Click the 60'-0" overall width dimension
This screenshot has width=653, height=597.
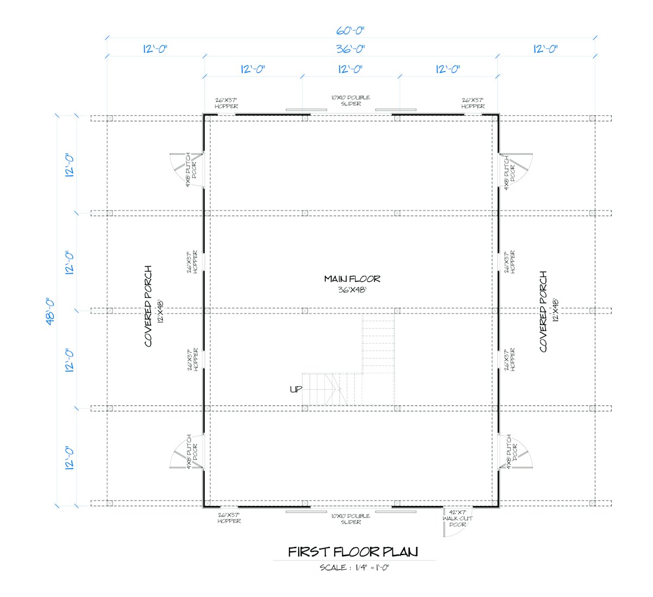pyautogui.click(x=350, y=30)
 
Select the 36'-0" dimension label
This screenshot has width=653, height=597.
pyautogui.click(x=350, y=49)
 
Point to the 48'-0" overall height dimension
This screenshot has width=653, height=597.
pyautogui.click(x=50, y=311)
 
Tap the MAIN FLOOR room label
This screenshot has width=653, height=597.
pyautogui.click(x=352, y=279)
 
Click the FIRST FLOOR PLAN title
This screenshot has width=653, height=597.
pyautogui.click(x=353, y=552)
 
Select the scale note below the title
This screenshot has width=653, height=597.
pyautogui.click(x=354, y=568)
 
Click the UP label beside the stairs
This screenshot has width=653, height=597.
pyautogui.click(x=296, y=389)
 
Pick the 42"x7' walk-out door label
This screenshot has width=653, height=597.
pyautogui.click(x=457, y=518)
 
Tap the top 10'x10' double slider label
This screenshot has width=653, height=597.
pyautogui.click(x=350, y=100)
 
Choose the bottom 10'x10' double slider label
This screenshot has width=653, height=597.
pyautogui.click(x=350, y=519)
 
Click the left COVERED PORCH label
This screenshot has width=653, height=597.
pyautogui.click(x=148, y=306)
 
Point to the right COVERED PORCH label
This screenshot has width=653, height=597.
pyautogui.click(x=543, y=311)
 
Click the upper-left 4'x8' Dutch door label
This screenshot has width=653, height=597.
pyautogui.click(x=191, y=169)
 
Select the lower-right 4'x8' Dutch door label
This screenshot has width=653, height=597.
pyautogui.click(x=512, y=451)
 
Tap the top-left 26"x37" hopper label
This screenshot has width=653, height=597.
pyautogui.click(x=226, y=103)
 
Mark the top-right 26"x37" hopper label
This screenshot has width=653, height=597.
pyautogui.click(x=473, y=103)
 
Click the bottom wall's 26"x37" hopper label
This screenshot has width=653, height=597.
pyautogui.click(x=229, y=518)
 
